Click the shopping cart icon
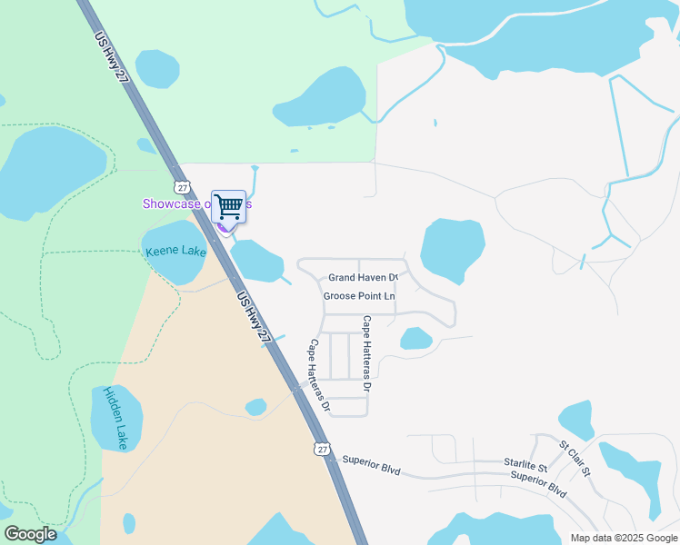228,206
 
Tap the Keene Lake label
175,251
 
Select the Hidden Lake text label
115,418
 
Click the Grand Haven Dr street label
363,277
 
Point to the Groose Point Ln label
360,296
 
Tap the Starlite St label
525,463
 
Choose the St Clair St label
575,460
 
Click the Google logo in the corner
30,534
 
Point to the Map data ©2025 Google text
623,538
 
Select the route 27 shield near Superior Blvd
322,449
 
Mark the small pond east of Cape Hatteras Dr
416,339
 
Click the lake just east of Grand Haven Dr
452,248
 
